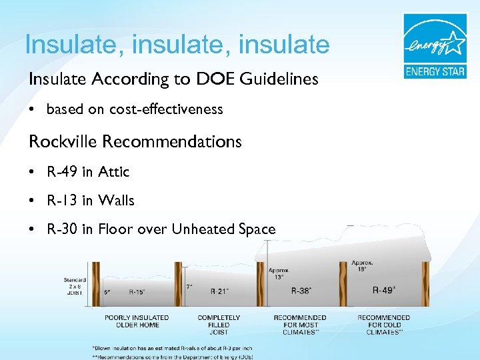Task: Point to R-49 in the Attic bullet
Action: click(x=62, y=172)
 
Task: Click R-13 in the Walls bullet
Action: click(x=62, y=201)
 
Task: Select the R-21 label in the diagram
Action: click(x=220, y=291)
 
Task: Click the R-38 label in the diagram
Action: click(x=302, y=291)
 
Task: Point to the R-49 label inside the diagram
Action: click(x=383, y=290)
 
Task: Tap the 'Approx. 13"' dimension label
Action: click(x=279, y=273)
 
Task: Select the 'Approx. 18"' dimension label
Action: click(x=362, y=266)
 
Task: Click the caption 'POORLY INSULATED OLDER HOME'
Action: click(x=137, y=321)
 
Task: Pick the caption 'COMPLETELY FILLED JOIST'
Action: click(x=219, y=325)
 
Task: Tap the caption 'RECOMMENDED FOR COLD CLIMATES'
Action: click(x=383, y=325)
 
